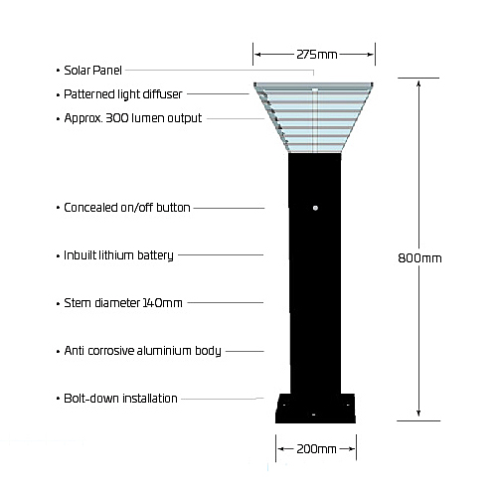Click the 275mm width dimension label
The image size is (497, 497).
point(317,55)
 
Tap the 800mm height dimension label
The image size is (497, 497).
point(419,258)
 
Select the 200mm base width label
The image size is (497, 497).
point(316,449)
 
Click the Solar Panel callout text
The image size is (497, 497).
point(92,71)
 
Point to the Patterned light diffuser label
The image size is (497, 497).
point(123,94)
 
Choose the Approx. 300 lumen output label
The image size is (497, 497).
point(133,118)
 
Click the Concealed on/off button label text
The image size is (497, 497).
point(127,208)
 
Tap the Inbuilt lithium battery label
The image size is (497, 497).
point(118,255)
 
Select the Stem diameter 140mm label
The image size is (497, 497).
point(123,303)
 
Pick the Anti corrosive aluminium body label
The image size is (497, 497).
point(142,351)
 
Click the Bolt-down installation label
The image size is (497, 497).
point(120,399)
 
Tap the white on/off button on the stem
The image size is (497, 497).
point(315,208)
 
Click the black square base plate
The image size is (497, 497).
point(315,409)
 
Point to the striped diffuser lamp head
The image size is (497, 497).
point(313,117)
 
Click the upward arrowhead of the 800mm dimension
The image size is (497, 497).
point(418,83)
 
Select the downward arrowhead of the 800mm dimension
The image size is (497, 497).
point(418,413)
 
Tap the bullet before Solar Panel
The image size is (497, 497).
point(58,71)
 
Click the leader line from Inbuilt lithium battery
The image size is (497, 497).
point(221,255)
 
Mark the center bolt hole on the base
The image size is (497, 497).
point(313,414)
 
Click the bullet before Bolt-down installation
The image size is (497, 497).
point(58,399)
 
